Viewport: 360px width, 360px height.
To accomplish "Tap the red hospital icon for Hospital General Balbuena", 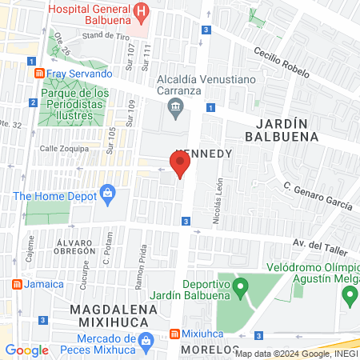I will tap(141, 11).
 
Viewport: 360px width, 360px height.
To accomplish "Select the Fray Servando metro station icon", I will tap(38, 74).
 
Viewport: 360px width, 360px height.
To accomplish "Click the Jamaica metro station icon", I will tap(17, 284).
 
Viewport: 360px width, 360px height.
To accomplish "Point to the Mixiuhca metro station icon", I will tap(174, 334).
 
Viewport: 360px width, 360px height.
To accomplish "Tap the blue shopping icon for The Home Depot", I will tap(107, 193).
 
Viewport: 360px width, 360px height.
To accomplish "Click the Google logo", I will tap(26, 350).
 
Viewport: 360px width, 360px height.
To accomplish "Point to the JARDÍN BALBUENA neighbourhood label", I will tap(286, 130).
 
